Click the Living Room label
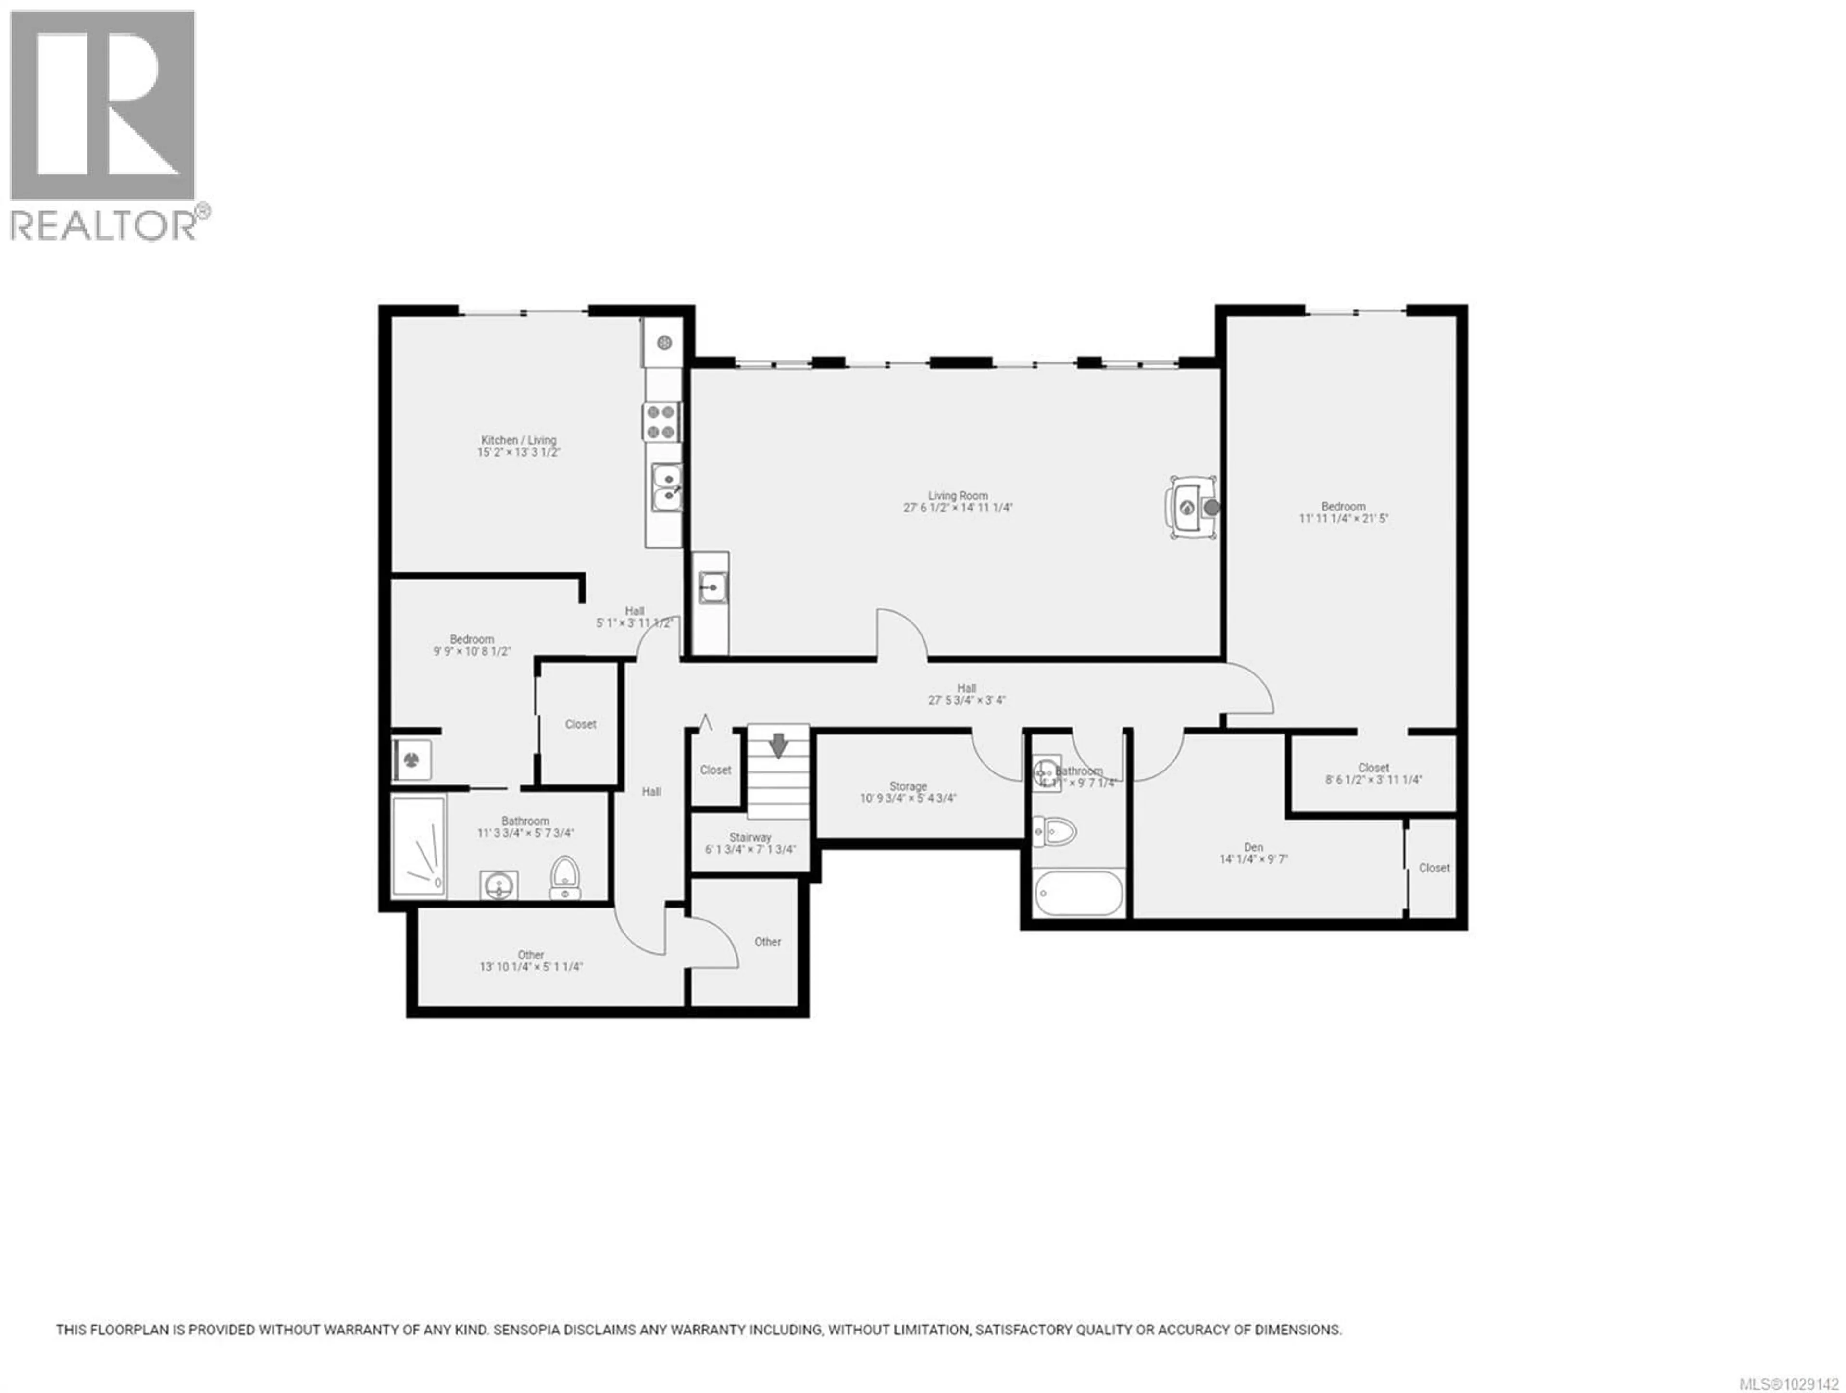pyautogui.click(x=957, y=495)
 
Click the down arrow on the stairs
pyautogui.click(x=778, y=745)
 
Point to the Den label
pyautogui.click(x=1253, y=846)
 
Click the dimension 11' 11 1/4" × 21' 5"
pyautogui.click(x=1343, y=518)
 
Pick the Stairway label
pyautogui.click(x=750, y=837)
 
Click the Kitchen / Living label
pyautogui.click(x=518, y=440)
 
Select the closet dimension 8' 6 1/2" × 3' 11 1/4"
pyautogui.click(x=1373, y=780)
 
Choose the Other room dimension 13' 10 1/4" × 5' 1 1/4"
pyautogui.click(x=531, y=967)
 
